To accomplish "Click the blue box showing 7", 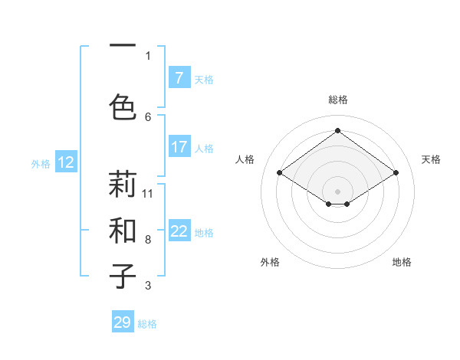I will tap(179, 77).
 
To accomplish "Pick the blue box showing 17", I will tap(179, 146).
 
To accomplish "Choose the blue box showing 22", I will tap(179, 231).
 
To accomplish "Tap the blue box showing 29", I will tap(123, 322).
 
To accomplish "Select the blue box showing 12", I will tap(66, 162).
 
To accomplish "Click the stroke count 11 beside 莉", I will tap(148, 193).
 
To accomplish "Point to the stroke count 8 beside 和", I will tap(148, 239).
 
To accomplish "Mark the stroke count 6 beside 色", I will tap(148, 116).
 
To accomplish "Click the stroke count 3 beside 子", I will tap(148, 286).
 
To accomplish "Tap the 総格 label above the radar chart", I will tap(337, 100).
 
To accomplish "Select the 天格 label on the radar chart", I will tap(431, 159).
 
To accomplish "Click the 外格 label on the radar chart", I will tap(270, 262).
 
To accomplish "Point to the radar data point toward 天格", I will tap(396, 173).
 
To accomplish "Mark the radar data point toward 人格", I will tap(279, 173).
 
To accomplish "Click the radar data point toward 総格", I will tap(337, 131).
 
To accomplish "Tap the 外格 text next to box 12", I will tap(41, 163).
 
